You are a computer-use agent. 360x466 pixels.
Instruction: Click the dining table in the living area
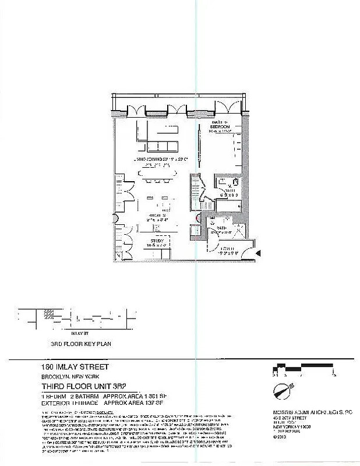click(157, 173)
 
